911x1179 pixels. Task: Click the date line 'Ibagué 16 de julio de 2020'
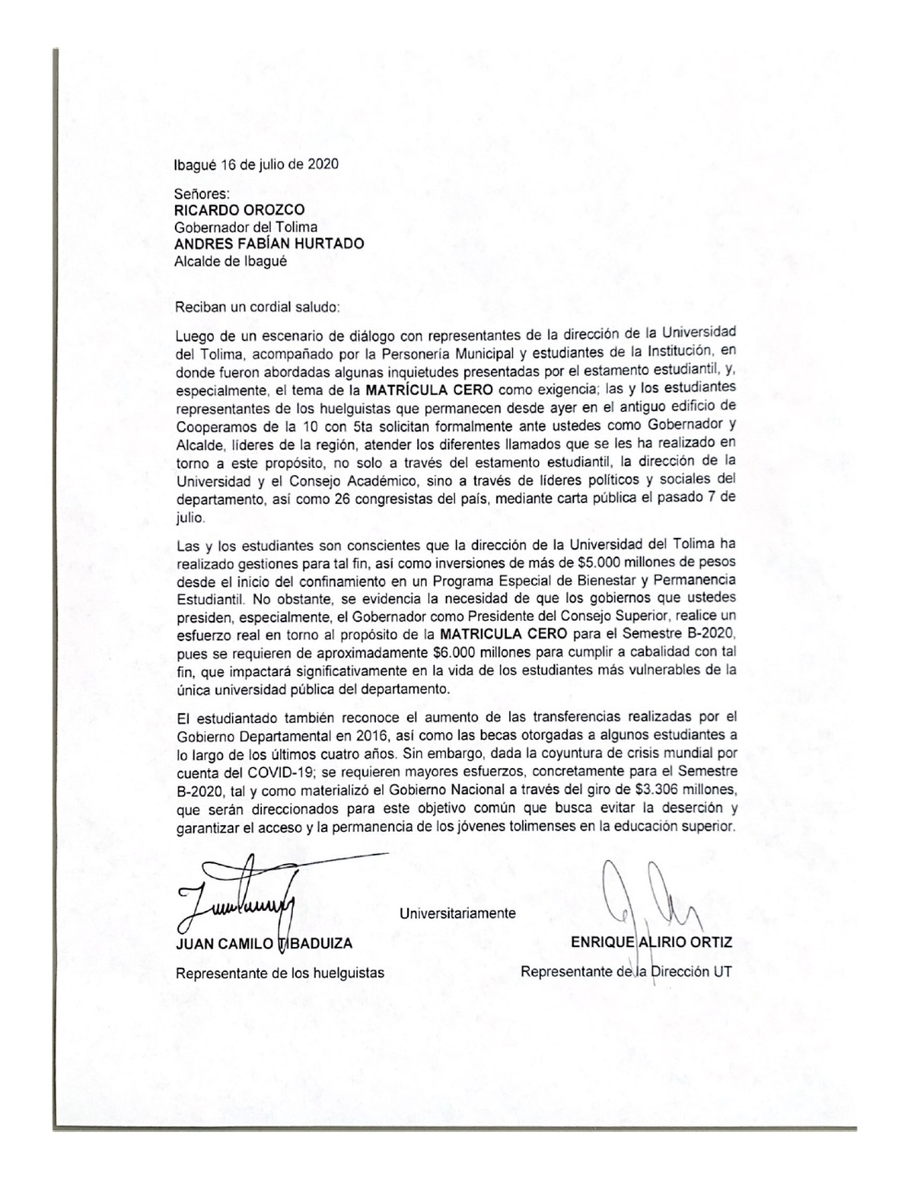pyautogui.click(x=255, y=165)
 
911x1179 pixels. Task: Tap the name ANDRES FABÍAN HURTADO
pyautogui.click(x=268, y=244)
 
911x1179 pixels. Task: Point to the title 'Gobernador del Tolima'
pyautogui.click(x=245, y=227)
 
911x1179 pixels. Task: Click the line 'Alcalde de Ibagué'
pyautogui.click(x=230, y=261)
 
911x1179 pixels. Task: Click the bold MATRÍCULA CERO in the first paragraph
pyautogui.click(x=428, y=390)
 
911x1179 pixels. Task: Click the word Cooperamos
pyautogui.click(x=215, y=425)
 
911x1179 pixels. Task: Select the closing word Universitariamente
pyautogui.click(x=458, y=913)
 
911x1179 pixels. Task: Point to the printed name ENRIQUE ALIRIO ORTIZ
pyautogui.click(x=651, y=943)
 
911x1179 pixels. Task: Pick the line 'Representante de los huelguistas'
pyautogui.click(x=279, y=973)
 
